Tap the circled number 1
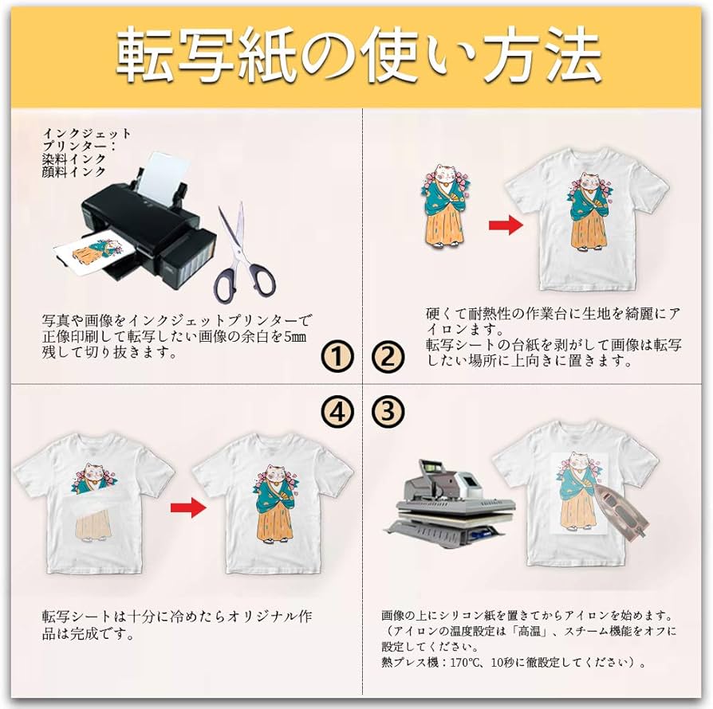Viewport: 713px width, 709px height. click(x=338, y=357)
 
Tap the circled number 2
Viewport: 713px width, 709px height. click(x=388, y=357)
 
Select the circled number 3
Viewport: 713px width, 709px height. click(x=388, y=411)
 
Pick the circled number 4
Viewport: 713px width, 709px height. click(x=338, y=411)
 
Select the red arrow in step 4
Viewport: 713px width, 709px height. click(x=188, y=507)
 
